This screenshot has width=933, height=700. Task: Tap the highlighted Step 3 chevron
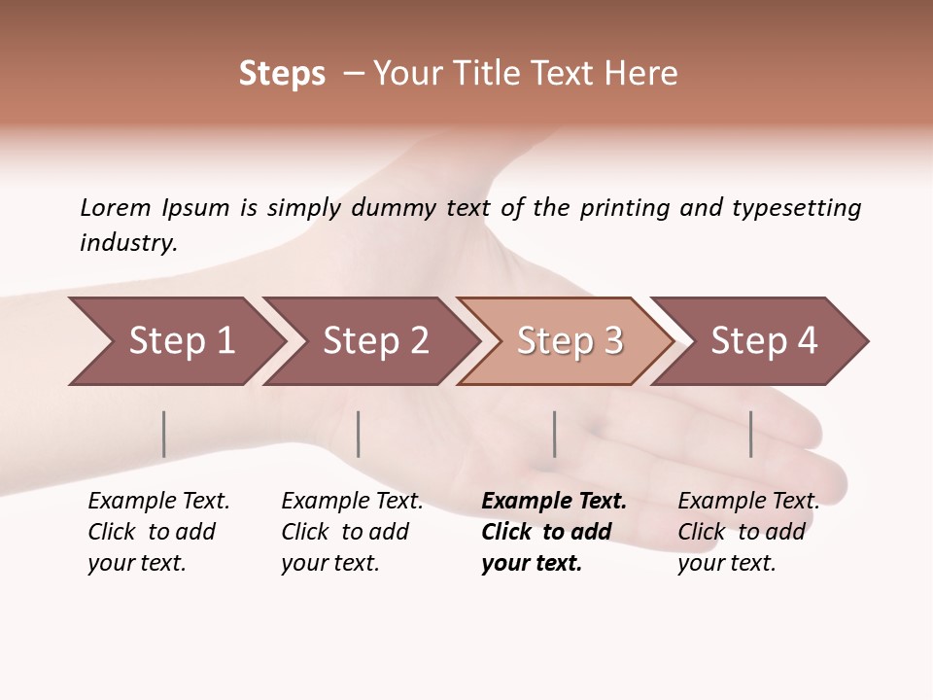(570, 341)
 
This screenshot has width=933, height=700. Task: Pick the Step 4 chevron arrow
(764, 341)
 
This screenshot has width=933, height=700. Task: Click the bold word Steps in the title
(282, 74)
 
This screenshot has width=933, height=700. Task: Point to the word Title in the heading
(487, 74)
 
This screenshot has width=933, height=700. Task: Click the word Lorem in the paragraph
(116, 207)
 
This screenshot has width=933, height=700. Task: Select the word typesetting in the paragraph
(796, 207)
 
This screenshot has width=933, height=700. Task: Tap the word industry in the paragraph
(128, 242)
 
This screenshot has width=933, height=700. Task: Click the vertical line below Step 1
(164, 434)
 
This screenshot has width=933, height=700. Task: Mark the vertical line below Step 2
(359, 434)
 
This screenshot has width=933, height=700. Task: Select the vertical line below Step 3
(554, 434)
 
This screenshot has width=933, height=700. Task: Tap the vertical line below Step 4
(750, 434)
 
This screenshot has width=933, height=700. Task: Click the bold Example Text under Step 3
(554, 502)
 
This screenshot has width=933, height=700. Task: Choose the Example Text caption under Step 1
(158, 502)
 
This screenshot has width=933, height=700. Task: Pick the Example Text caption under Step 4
(748, 502)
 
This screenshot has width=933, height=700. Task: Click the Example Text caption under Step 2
(352, 502)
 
